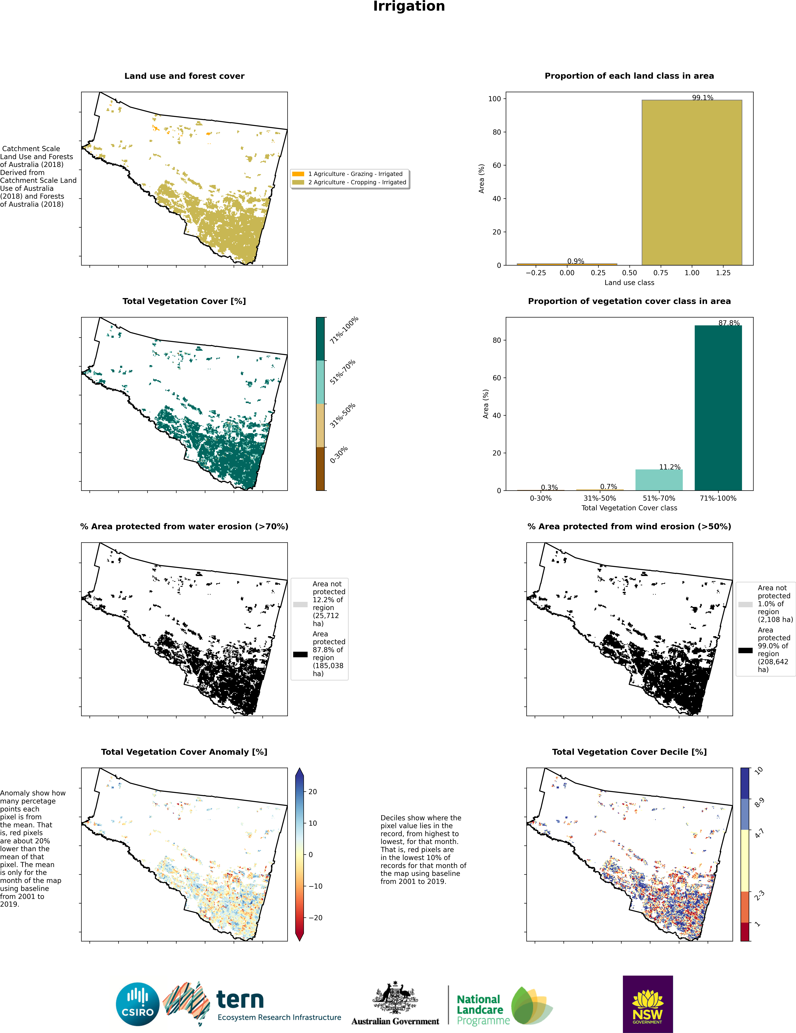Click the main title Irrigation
pos(409,7)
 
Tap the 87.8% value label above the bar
pos(729,323)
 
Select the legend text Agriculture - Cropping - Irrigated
pos(357,182)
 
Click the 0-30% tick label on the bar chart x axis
pos(540,498)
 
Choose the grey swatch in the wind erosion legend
pos(745,604)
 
